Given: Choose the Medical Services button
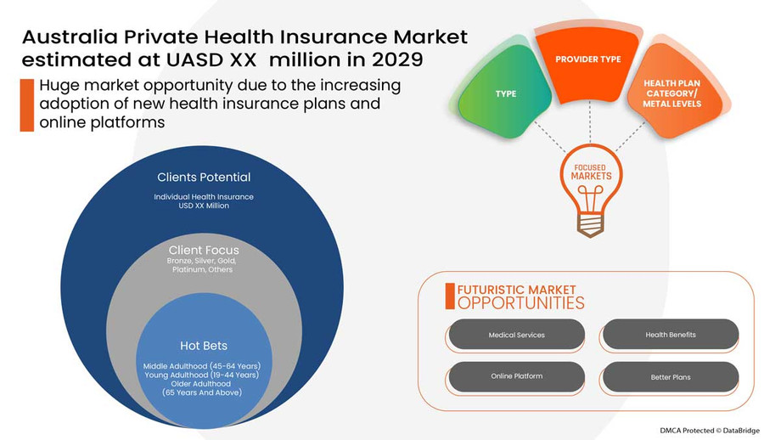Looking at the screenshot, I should tap(516, 335).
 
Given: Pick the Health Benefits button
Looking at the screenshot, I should tap(670, 335).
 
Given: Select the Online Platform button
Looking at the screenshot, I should tap(516, 376).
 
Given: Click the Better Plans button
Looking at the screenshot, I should tap(670, 376).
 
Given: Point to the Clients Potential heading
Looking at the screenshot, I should tap(204, 178).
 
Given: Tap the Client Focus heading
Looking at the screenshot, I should tap(204, 250).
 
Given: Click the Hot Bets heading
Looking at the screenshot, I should tap(204, 346).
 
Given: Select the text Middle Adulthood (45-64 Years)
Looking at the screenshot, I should tap(202, 365).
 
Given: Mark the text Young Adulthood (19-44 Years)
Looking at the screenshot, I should tap(202, 375).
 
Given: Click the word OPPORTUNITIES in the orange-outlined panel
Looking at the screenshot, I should tap(521, 303).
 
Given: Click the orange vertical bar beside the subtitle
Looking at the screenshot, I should tap(27, 104).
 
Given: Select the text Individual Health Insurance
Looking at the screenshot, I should tap(204, 197).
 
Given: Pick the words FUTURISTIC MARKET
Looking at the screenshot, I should tap(516, 289).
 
